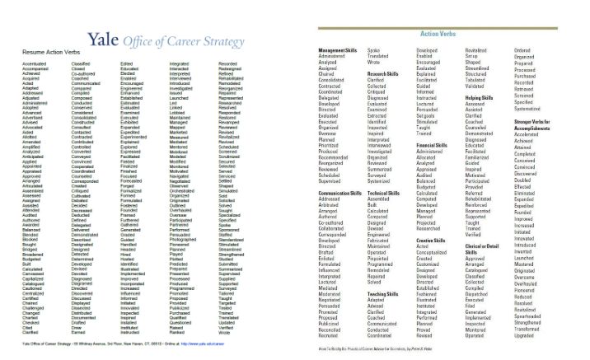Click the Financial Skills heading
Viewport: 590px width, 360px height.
click(436, 143)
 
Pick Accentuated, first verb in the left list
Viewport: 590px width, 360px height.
click(35, 63)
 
